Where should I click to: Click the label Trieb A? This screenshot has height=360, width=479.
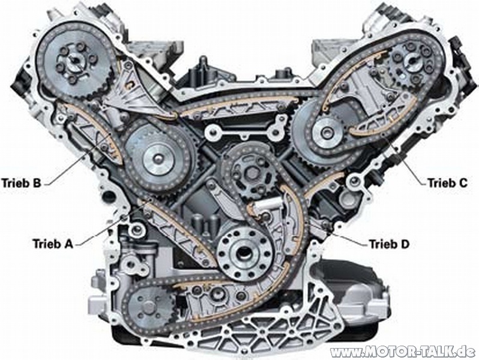coord(53,244)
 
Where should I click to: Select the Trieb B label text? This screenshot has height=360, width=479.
coord(21,183)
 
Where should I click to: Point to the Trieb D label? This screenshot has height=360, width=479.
coord(389,244)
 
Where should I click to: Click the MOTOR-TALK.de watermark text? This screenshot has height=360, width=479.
coord(405,352)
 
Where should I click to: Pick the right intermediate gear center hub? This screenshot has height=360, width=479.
coord(327,132)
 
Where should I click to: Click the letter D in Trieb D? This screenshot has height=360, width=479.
coord(404,244)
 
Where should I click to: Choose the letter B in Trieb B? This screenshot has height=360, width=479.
coord(36,183)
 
